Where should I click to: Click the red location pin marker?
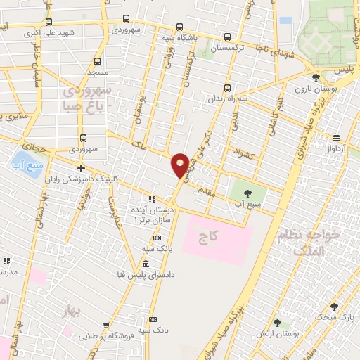coord(181,165)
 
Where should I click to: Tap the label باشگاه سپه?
coord(177,37)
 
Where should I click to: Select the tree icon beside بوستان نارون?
coord(315,79)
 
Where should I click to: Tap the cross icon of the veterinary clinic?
coord(82,169)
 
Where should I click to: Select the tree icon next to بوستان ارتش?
coord(277,323)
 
